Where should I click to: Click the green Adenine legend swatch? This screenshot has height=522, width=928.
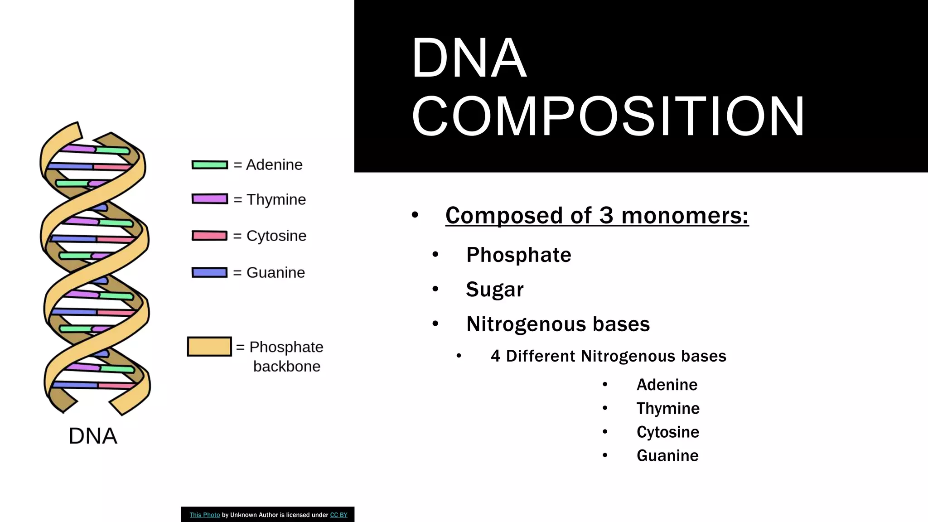[x=209, y=165]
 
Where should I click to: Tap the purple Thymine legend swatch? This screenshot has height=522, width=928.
[x=209, y=199]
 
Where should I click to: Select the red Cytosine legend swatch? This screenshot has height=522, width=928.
[x=209, y=236]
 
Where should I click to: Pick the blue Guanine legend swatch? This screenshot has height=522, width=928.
[x=209, y=272]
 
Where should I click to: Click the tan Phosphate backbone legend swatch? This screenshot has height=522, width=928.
[x=209, y=347]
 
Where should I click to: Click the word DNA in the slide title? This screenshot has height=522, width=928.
[x=469, y=58]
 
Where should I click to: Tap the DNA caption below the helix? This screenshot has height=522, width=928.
[x=93, y=436]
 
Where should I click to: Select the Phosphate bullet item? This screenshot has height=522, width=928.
[x=518, y=255]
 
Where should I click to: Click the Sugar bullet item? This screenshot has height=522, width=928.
[x=494, y=289]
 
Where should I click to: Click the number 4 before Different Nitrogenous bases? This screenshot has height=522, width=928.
[x=495, y=356]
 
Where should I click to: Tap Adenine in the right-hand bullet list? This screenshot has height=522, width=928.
[x=667, y=385]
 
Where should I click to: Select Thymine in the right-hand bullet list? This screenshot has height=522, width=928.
[x=667, y=408]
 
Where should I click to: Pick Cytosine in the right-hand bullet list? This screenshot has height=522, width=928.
[x=667, y=432]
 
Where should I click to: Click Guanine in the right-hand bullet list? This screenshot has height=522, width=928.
[x=667, y=455]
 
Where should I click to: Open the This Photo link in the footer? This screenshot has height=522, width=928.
[x=204, y=515]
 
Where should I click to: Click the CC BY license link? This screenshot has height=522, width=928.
[x=338, y=515]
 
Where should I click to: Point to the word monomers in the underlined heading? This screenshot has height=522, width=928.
[x=684, y=216]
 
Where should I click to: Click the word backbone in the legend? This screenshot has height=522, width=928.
[x=286, y=366]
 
